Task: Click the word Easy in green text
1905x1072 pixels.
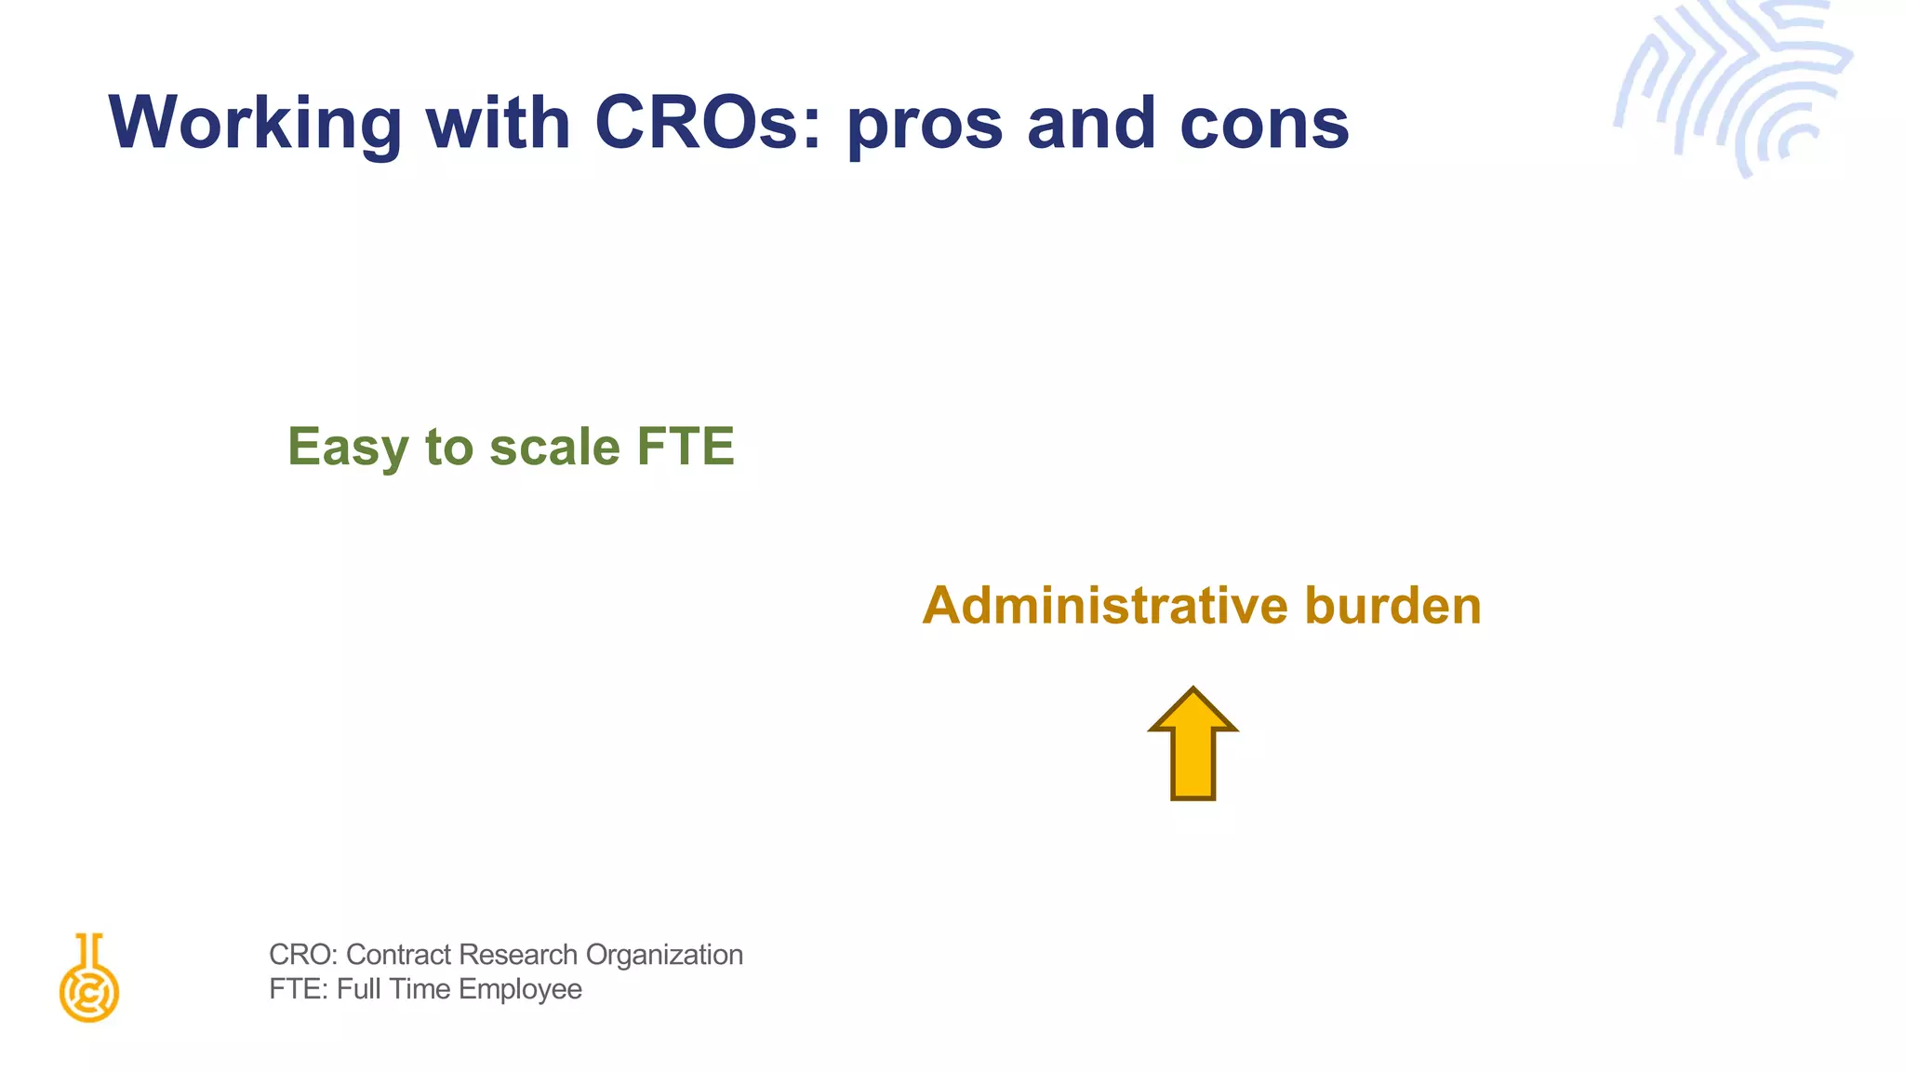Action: click(x=348, y=448)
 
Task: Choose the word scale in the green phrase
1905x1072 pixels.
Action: click(x=554, y=446)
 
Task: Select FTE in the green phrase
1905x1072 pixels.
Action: click(x=686, y=446)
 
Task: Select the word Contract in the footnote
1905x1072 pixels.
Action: click(x=398, y=955)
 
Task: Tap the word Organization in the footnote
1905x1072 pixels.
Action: click(x=664, y=956)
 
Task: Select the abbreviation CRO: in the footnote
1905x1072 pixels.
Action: click(x=302, y=955)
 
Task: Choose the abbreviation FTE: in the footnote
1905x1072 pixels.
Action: click(x=299, y=989)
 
